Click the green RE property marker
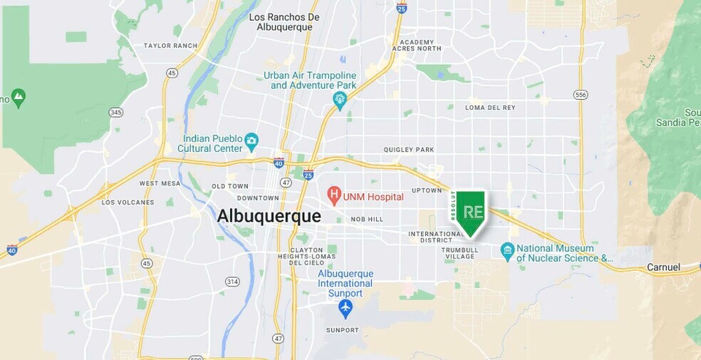[470, 212]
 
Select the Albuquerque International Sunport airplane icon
[346, 308]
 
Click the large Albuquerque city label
[269, 215]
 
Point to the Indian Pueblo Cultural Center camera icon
[251, 140]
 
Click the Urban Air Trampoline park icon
[339, 98]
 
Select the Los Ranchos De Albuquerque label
[284, 22]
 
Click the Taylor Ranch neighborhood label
[170, 46]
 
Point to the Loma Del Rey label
[489, 108]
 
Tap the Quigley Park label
[408, 150]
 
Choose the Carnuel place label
[663, 267]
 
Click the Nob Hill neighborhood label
[367, 219]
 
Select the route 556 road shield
[581, 94]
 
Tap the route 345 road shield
[115, 112]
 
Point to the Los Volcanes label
[128, 202]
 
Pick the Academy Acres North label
[416, 45]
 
